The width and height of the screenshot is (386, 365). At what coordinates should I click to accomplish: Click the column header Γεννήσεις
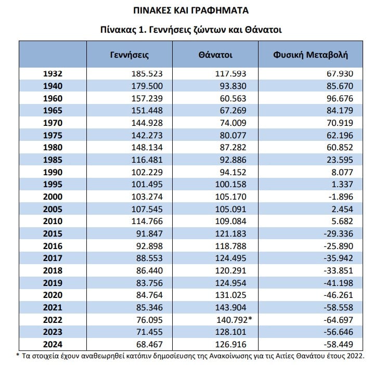tap(130, 54)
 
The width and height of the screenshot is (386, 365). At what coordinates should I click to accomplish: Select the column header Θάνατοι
tap(215, 54)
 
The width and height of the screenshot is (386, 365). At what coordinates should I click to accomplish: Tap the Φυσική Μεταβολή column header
tap(310, 54)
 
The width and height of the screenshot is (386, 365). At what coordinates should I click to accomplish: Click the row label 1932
tap(53, 74)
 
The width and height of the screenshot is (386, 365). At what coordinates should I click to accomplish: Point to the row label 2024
tap(53, 344)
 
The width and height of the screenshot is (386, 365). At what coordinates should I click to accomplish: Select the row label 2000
tap(53, 197)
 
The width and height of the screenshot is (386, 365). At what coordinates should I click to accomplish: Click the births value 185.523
tap(147, 74)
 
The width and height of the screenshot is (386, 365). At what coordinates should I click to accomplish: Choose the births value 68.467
tap(149, 344)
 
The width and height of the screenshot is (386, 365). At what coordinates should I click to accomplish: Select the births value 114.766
tap(147, 221)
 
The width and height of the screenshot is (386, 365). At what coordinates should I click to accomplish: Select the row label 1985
tap(53, 160)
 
